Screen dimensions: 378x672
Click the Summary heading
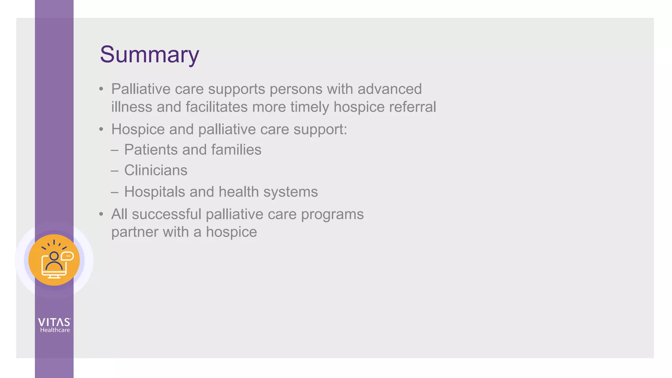pos(149,55)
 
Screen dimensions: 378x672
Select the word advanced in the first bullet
pos(389,89)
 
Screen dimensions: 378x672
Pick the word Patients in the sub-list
pos(151,150)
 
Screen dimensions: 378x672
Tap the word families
pos(236,150)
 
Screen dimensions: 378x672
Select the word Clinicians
pos(156,170)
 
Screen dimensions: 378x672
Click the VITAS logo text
pos(54,322)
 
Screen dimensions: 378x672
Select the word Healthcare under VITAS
pos(55,330)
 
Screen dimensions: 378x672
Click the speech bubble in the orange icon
pos(67,256)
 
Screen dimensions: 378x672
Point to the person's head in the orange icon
pos(54,256)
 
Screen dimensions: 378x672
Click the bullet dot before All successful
pos(101,215)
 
